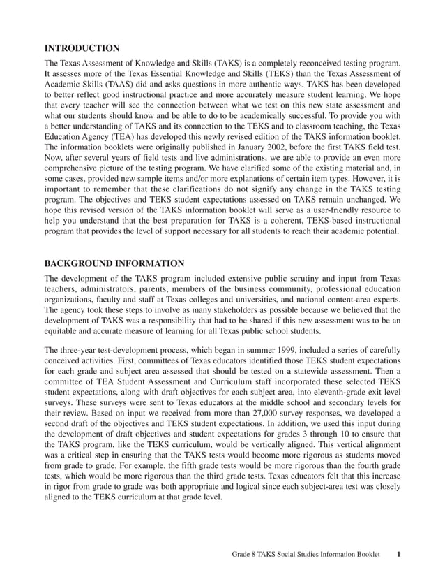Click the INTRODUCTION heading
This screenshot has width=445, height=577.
tap(82, 48)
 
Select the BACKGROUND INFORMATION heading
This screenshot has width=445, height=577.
tap(114, 263)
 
